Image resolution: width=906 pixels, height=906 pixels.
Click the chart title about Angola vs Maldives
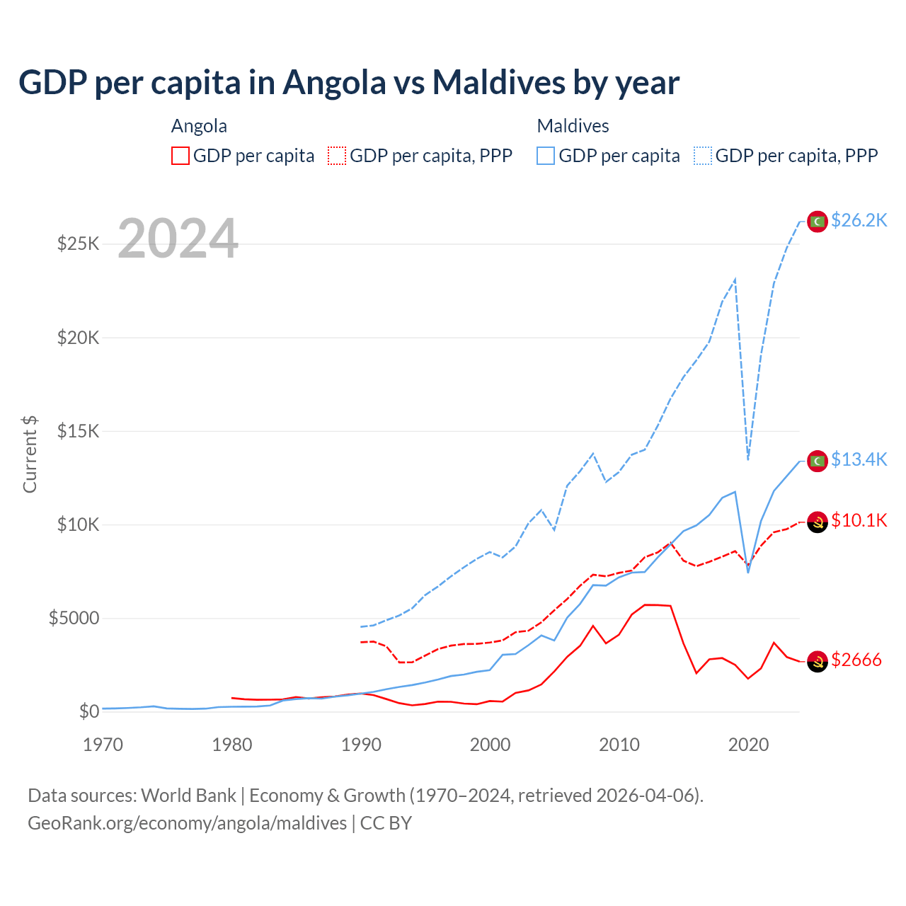click(349, 83)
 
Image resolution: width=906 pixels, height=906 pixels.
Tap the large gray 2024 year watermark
click(178, 239)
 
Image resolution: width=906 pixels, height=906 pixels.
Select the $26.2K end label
click(859, 221)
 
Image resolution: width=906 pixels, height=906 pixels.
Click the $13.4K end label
click(859, 460)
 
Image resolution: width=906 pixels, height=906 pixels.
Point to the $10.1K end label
click(859, 521)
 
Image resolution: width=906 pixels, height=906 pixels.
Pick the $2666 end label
click(856, 660)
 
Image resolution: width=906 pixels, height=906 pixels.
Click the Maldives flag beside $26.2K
click(818, 222)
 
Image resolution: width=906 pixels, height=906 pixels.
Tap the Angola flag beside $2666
click(818, 661)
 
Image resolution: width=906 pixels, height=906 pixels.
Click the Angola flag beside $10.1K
click(818, 522)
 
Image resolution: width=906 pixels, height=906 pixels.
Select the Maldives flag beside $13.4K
click(818, 461)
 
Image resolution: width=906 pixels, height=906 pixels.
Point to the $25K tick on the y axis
click(78, 244)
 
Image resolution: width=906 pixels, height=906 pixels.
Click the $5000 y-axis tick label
click(74, 619)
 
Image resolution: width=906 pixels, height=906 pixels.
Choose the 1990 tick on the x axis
click(361, 745)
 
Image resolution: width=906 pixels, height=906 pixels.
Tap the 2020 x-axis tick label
click(748, 745)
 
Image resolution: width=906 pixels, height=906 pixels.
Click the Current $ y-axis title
click(30, 454)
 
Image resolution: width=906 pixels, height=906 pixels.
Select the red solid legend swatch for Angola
click(180, 156)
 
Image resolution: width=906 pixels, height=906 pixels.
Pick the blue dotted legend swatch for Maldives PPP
click(703, 156)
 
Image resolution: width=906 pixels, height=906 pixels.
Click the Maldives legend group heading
click(573, 126)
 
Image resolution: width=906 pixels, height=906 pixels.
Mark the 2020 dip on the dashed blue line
click(748, 459)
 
